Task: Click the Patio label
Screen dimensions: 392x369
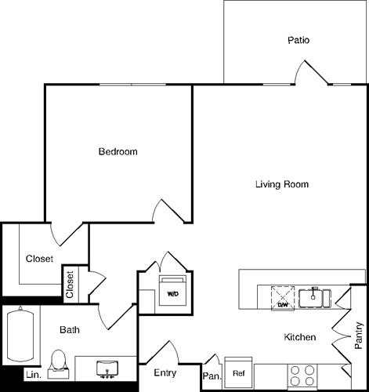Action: pyautogui.click(x=299, y=40)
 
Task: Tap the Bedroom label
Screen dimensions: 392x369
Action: pyautogui.click(x=118, y=151)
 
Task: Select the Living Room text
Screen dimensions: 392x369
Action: pyautogui.click(x=282, y=185)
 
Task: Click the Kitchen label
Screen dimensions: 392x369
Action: pyautogui.click(x=299, y=337)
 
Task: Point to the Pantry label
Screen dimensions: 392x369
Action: pyautogui.click(x=358, y=336)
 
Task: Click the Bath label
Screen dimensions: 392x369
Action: pyautogui.click(x=70, y=330)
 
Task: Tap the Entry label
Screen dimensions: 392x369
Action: pyautogui.click(x=165, y=372)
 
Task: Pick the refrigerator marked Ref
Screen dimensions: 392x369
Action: pyautogui.click(x=239, y=373)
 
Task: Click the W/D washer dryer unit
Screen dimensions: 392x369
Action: pyautogui.click(x=172, y=292)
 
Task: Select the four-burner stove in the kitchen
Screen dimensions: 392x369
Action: pyautogui.click(x=302, y=376)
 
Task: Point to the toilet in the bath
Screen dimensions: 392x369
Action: pyautogui.click(x=56, y=362)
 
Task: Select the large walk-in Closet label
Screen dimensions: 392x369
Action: pyautogui.click(x=39, y=259)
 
